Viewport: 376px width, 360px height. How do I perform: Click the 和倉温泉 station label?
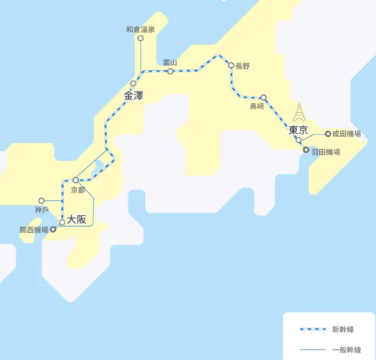tap(140, 29)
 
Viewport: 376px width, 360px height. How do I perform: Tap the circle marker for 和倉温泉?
tap(140, 38)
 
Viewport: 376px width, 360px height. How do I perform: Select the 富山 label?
tap(170, 62)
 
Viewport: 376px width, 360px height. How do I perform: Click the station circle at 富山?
tap(170, 71)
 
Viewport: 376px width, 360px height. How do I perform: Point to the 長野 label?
tap(243, 66)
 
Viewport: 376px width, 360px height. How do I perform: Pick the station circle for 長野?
tap(231, 65)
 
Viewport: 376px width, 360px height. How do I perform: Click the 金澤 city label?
tap(134, 95)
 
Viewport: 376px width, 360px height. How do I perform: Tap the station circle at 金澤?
tap(133, 83)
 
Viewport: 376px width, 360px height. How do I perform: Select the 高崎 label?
tap(257, 106)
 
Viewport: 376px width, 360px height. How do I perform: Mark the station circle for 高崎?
tap(264, 97)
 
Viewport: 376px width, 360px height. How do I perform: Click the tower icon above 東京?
tap(300, 112)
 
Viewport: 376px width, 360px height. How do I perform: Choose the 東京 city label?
tap(298, 130)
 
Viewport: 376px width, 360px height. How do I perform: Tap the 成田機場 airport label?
tap(347, 134)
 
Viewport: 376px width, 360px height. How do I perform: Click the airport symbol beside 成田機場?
tap(328, 134)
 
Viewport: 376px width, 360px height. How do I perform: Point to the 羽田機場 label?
tap(326, 152)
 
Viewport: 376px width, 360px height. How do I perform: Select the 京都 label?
tap(77, 190)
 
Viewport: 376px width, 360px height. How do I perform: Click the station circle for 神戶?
tap(42, 200)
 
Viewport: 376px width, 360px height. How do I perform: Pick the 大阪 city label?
tap(76, 219)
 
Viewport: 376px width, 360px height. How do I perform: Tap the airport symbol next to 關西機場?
tap(53, 230)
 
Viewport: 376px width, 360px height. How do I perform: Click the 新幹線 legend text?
tap(343, 330)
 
